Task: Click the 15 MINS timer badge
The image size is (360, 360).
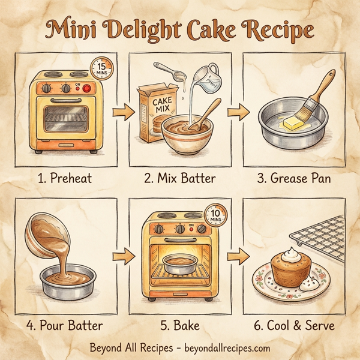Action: pos(102,68)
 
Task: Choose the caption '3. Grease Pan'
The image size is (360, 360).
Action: pos(294,178)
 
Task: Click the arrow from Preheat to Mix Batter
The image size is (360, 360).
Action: pos(122,110)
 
